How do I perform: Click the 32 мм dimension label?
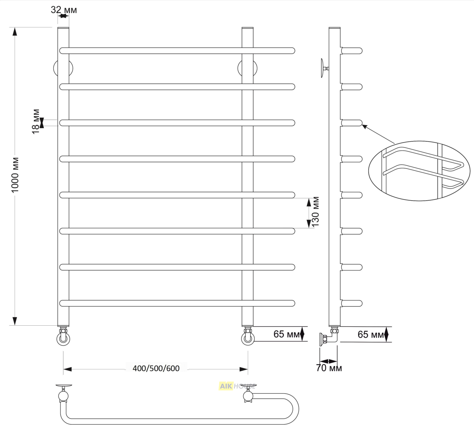click(x=64, y=10)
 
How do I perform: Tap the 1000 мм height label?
click(x=15, y=175)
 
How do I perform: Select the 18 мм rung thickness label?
click(x=36, y=121)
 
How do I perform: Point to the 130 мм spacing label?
click(x=316, y=212)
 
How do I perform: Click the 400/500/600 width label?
click(x=156, y=368)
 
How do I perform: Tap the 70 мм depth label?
click(x=329, y=368)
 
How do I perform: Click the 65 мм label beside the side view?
click(x=371, y=335)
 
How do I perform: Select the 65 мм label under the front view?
click(x=287, y=334)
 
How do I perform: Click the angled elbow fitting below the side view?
click(x=329, y=336)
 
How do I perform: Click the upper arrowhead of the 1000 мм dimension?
click(x=15, y=32)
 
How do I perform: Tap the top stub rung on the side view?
click(x=351, y=51)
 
